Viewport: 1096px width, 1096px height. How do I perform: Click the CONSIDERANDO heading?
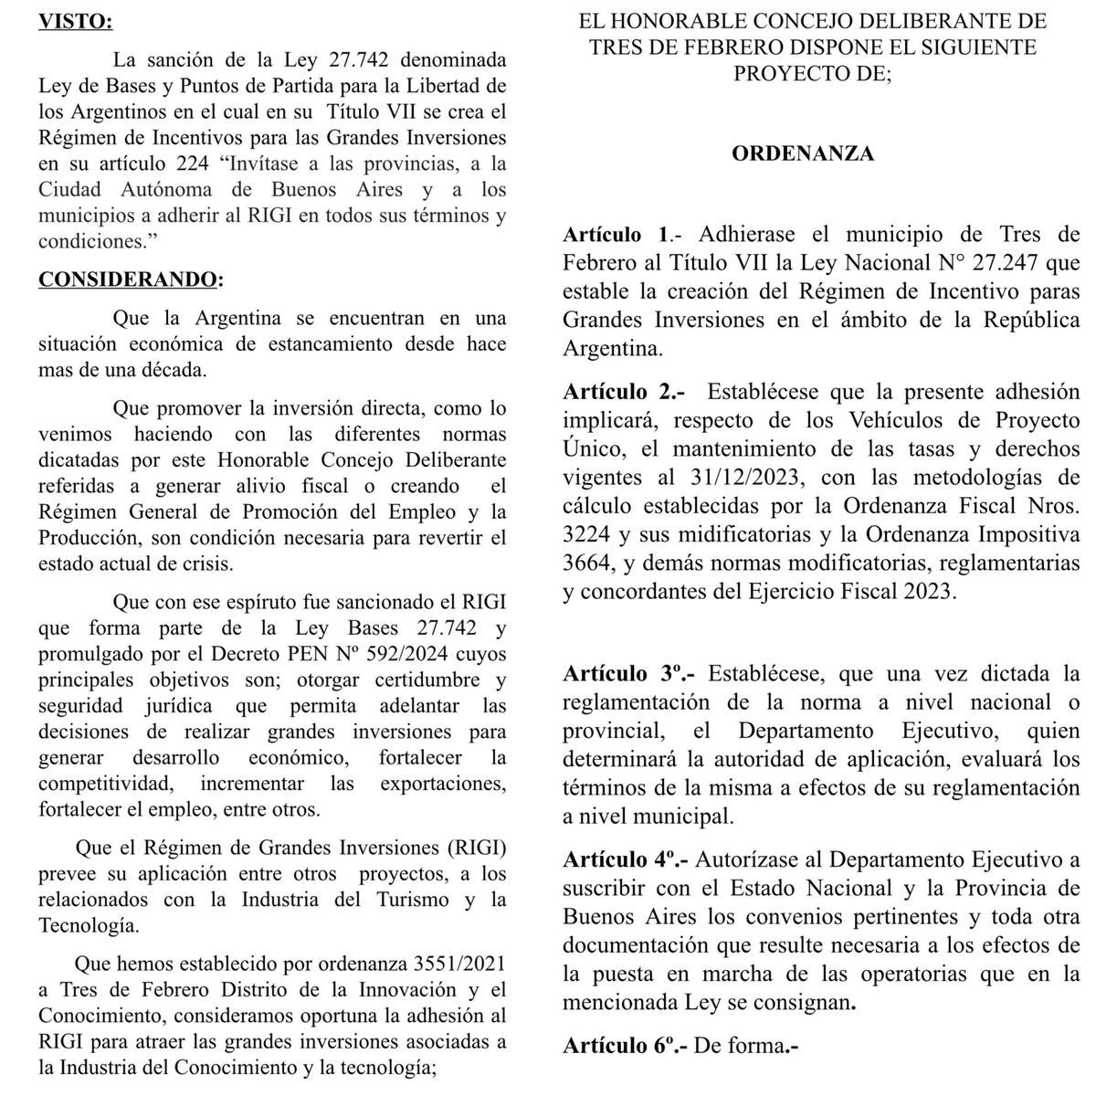(x=129, y=278)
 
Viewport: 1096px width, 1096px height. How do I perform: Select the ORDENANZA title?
(x=803, y=153)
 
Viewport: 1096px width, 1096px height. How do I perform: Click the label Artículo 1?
(x=616, y=235)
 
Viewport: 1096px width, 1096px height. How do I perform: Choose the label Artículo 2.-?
(x=625, y=393)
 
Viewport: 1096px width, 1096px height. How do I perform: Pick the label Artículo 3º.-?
(x=628, y=674)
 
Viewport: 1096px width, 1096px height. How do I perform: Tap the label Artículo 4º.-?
(x=628, y=860)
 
